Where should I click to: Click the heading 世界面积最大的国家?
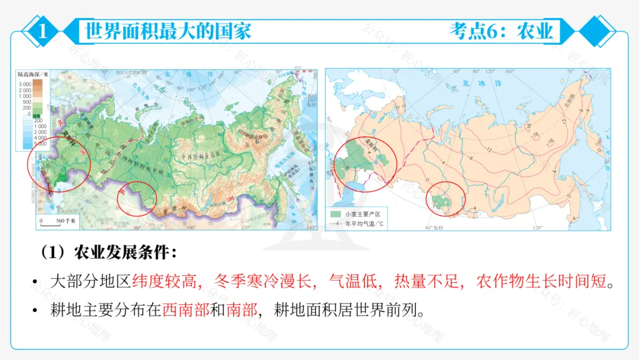pyautogui.click(x=169, y=30)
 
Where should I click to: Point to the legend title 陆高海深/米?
pyautogui.click(x=33, y=75)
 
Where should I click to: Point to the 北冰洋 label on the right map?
pyautogui.click(x=473, y=84)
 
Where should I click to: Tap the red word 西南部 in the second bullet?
pyautogui.click(x=186, y=310)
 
